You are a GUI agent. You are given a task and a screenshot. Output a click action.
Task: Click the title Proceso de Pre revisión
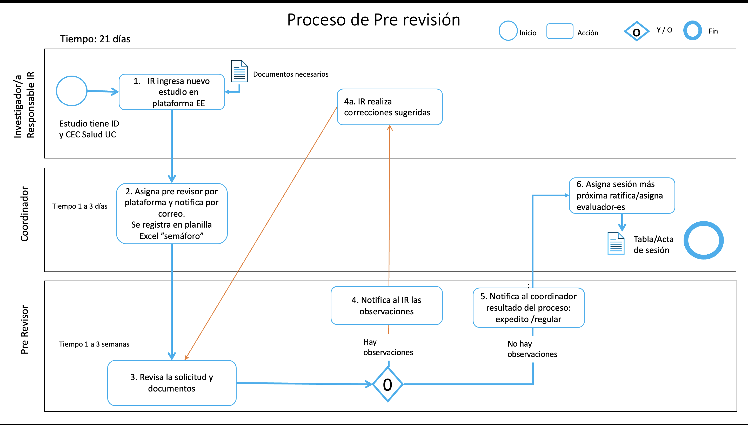pyautogui.click(x=373, y=20)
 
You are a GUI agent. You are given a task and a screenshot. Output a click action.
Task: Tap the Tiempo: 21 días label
pyautogui.click(x=95, y=39)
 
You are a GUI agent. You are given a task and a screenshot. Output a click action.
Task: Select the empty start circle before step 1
pyautogui.click(x=71, y=91)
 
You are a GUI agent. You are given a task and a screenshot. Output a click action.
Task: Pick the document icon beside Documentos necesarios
pyautogui.click(x=239, y=71)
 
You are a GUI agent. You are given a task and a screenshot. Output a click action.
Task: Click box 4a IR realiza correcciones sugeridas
pyautogui.click(x=390, y=107)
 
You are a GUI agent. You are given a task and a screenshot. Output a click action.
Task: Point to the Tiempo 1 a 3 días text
pyautogui.click(x=80, y=206)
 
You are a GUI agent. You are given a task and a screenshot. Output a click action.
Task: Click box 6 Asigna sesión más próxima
pyautogui.click(x=622, y=195)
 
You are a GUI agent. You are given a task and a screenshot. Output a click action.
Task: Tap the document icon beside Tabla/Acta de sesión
pyautogui.click(x=616, y=243)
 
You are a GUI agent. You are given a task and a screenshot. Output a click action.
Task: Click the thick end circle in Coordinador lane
pyautogui.click(x=703, y=240)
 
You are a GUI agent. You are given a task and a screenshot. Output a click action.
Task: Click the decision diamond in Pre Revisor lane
pyautogui.click(x=388, y=384)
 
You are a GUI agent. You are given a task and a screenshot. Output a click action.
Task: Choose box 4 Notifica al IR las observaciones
pyautogui.click(x=386, y=305)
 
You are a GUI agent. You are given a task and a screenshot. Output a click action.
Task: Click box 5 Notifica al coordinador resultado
pyautogui.click(x=528, y=308)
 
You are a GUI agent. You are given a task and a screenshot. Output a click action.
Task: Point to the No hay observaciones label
pyautogui.click(x=532, y=349)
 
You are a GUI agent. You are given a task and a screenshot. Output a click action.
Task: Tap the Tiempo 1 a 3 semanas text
pyautogui.click(x=94, y=344)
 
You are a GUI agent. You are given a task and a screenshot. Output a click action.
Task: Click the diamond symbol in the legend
pyautogui.click(x=636, y=31)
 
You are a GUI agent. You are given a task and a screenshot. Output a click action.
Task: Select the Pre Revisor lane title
pyautogui.click(x=24, y=330)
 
